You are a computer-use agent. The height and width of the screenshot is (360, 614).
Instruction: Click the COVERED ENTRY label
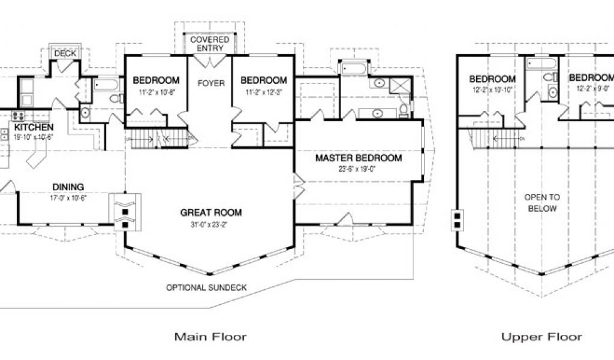[210, 44]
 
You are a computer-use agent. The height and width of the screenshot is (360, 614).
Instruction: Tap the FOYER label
[210, 83]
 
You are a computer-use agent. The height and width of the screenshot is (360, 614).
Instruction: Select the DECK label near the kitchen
[65, 53]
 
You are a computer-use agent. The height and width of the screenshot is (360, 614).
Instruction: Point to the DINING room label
[68, 187]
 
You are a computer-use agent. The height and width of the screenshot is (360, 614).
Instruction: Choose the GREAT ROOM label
[210, 212]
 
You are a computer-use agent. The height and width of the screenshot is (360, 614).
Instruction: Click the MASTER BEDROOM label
[359, 158]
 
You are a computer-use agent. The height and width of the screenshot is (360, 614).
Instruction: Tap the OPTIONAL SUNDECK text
[206, 287]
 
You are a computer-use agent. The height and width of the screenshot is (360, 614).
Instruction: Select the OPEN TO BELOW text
[541, 203]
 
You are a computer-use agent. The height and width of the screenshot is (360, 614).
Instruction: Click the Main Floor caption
[210, 337]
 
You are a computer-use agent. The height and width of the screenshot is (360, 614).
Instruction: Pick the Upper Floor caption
[541, 337]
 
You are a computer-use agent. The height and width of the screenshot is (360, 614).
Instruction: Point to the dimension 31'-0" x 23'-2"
[210, 224]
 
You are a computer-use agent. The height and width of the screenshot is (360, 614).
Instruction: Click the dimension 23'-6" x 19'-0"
[359, 169]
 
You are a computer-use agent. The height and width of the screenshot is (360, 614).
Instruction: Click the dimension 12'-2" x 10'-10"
[492, 90]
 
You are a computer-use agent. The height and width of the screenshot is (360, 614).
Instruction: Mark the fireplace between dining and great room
[125, 212]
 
